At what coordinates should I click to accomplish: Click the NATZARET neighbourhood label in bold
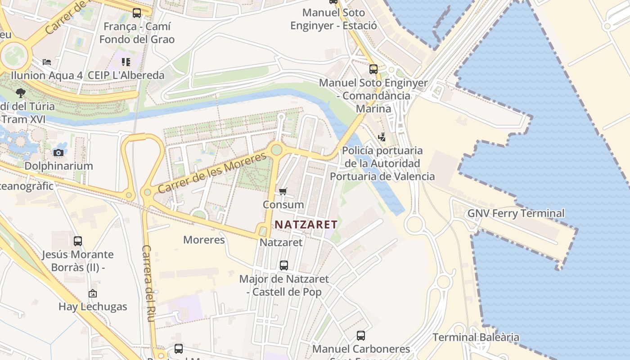coord(306,224)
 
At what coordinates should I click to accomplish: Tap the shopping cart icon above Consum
coord(283,192)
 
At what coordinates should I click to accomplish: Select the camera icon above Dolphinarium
coord(58,153)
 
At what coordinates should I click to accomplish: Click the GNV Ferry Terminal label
coord(516,213)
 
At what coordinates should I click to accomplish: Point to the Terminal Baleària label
coord(476,337)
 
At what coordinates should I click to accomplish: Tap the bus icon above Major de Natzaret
coord(283,265)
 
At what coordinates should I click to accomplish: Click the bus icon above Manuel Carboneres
coord(361,335)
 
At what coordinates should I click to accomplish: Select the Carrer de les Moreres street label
coord(212,173)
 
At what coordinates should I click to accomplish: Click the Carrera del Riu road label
coord(149,283)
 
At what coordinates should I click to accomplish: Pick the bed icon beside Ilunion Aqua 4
coord(47,62)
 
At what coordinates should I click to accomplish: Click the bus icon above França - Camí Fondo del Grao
coord(137,13)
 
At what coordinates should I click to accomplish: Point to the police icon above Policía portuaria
coord(382,137)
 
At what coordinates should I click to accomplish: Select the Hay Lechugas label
coord(93,307)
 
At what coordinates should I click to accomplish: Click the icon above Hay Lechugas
coord(93,293)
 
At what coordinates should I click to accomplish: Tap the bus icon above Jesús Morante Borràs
coord(78,241)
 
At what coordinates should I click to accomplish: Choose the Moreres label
coord(204,240)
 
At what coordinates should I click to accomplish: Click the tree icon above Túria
coord(20,93)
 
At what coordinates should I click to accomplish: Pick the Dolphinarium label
coord(58,166)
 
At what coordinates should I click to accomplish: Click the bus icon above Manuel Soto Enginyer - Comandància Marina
coord(373,69)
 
